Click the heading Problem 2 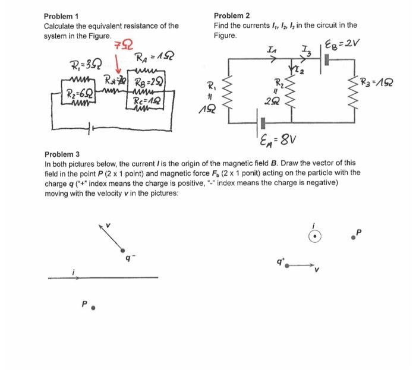(232, 16)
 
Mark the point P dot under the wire (92, 309)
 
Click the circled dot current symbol (316, 237)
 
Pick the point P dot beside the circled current (353, 237)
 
